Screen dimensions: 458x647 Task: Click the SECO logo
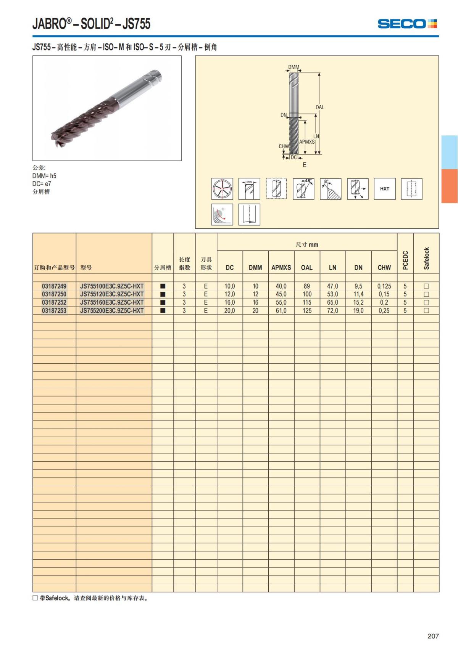(x=407, y=24)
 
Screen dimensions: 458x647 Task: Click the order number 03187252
(x=54, y=302)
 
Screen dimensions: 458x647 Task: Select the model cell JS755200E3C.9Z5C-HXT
(x=111, y=310)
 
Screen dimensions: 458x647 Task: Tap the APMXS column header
(x=281, y=268)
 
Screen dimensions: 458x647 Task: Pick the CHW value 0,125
(x=384, y=286)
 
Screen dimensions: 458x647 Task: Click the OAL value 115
(x=307, y=302)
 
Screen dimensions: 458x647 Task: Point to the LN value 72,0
(x=332, y=310)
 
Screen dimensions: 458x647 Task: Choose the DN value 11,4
(x=358, y=294)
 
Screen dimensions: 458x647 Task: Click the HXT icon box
(x=385, y=189)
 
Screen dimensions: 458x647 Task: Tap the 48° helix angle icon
(x=303, y=189)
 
